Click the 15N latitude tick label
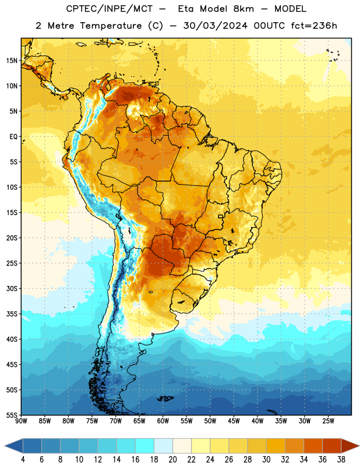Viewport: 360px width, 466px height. tap(12, 61)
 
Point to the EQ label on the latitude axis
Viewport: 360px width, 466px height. tap(13, 137)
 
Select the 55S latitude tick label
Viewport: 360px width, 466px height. tap(12, 415)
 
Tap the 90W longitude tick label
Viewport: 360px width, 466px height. tap(21, 421)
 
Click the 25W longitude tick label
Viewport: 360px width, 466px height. tap(328, 421)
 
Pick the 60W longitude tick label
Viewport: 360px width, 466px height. tap(163, 421)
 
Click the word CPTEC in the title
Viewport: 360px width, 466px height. tap(80, 9)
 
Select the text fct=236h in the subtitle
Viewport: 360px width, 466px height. tap(314, 26)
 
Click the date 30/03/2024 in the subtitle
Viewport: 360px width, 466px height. tap(215, 26)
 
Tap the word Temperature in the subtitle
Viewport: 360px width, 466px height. tap(111, 26)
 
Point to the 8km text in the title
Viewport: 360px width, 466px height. tap(243, 9)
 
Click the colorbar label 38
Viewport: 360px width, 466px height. tap(341, 460)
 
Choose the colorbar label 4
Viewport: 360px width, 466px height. tap(23, 460)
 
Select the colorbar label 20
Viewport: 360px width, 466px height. tap(172, 460)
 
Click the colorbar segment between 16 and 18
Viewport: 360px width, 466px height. tap(145, 446)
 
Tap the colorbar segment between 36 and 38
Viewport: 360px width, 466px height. tap(332, 446)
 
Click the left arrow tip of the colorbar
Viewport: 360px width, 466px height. tap(5, 446)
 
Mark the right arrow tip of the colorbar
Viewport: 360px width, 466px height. tap(359, 446)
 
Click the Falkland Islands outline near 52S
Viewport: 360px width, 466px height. tap(165, 398)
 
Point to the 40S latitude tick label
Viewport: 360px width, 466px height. tap(12, 339)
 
